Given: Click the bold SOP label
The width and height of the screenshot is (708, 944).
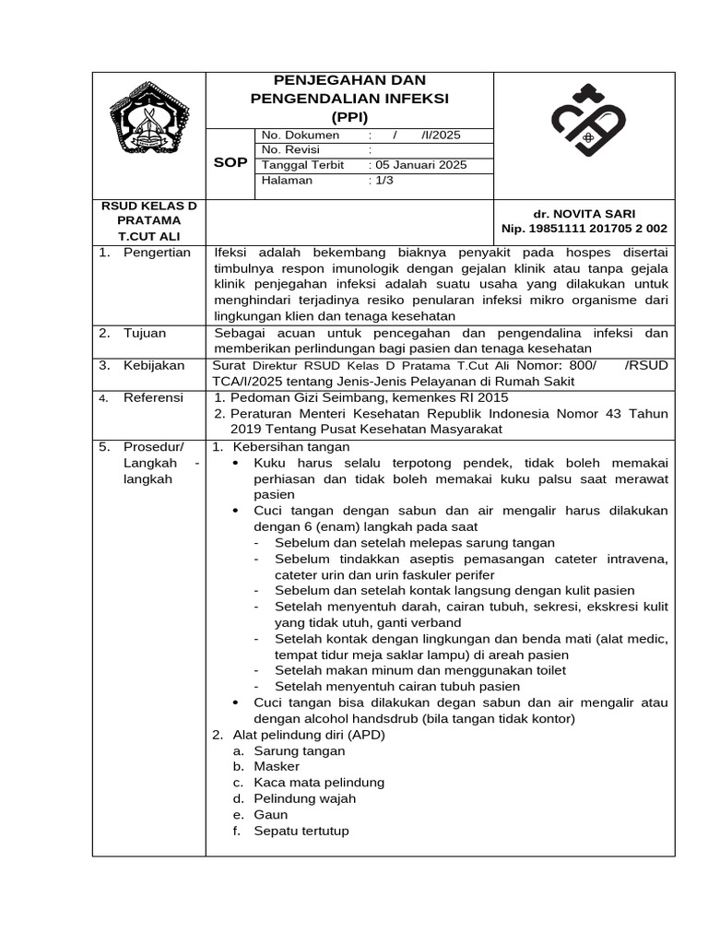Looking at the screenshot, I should [230, 162].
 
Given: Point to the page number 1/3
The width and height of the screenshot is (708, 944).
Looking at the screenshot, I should [382, 181].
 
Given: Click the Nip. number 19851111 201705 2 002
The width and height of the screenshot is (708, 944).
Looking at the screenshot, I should [584, 228].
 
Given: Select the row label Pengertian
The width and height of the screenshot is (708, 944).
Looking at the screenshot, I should [157, 252].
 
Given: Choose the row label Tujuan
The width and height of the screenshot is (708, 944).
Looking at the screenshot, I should [147, 333].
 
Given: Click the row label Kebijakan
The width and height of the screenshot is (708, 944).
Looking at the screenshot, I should [153, 366].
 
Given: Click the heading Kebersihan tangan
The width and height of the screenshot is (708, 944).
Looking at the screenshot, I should [289, 446].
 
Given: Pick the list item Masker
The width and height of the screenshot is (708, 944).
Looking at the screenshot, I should [277, 767].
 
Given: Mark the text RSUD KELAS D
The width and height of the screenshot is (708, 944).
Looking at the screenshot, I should [148, 205].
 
